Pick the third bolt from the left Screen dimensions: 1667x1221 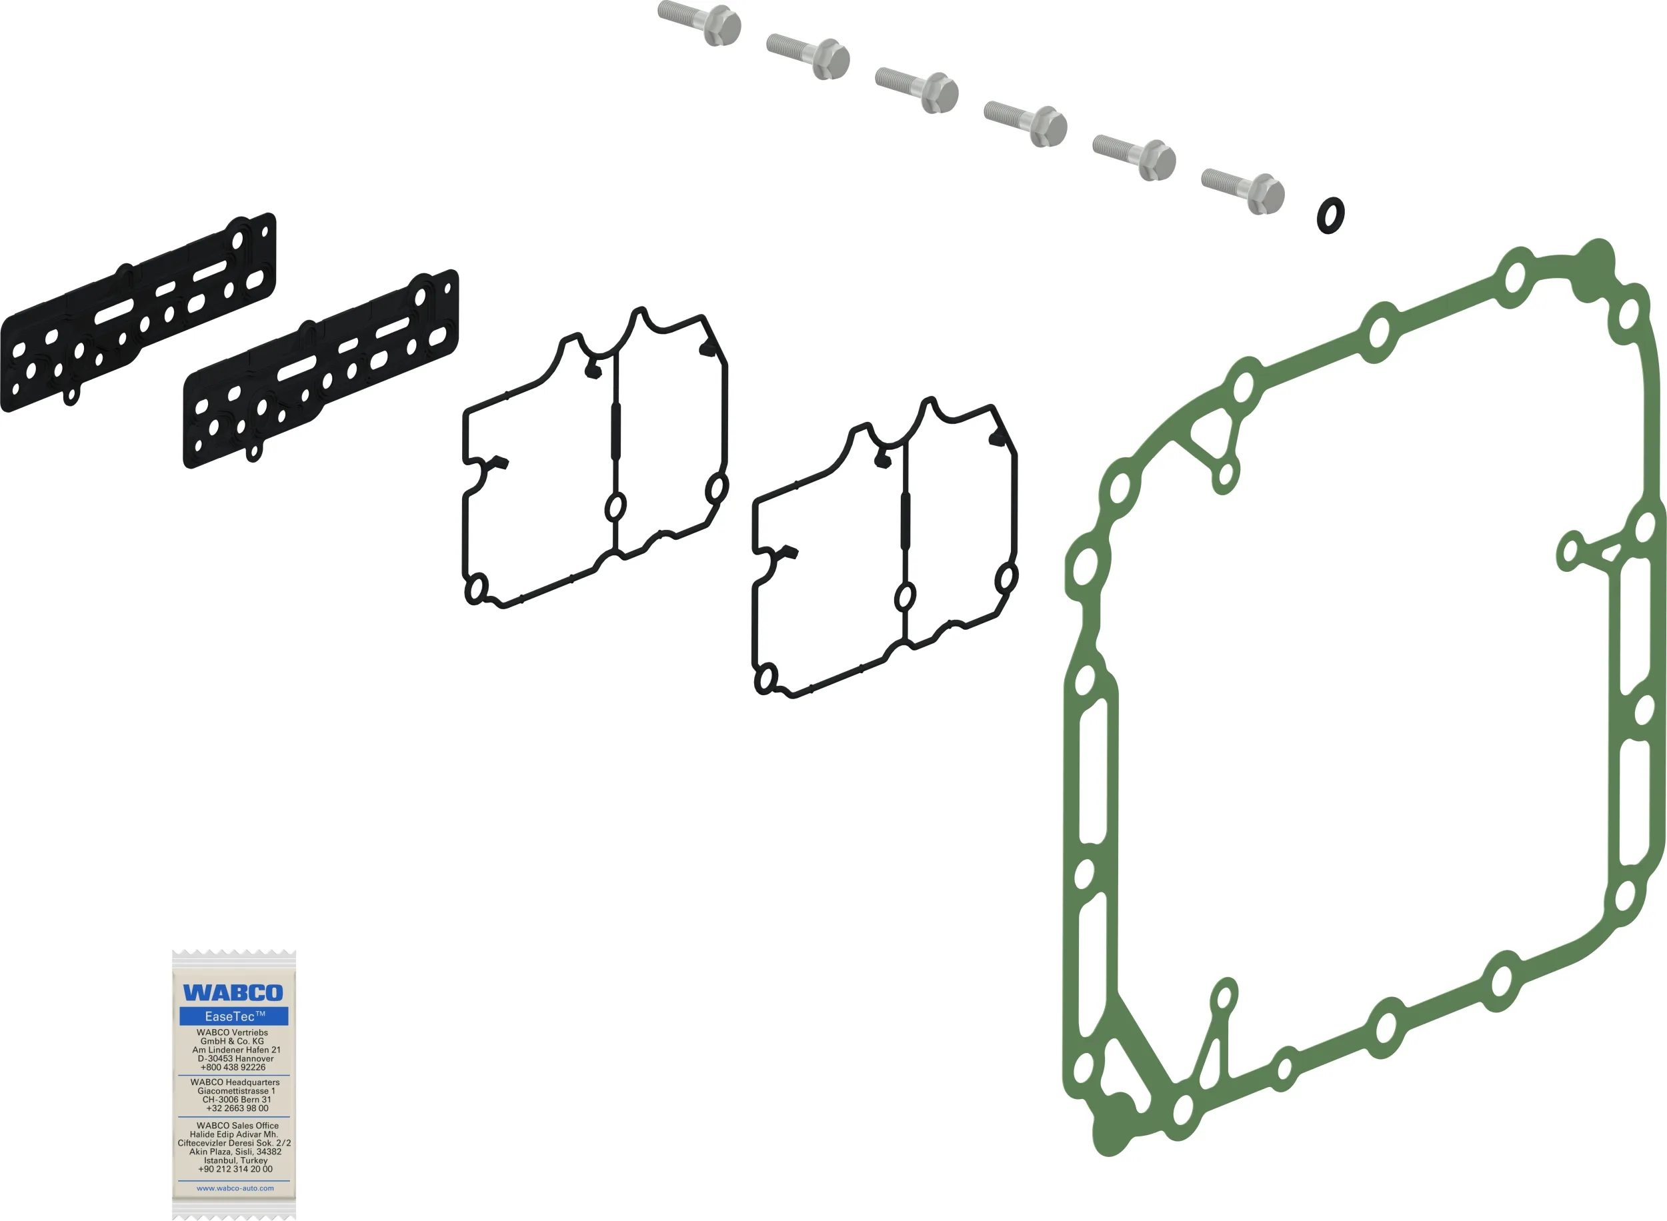pos(918,90)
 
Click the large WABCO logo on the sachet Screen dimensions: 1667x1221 pos(233,992)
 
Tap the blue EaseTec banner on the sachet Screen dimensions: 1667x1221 pos(233,1016)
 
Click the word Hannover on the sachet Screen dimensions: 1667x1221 pos(253,1058)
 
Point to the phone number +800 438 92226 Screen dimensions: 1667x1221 pos(233,1067)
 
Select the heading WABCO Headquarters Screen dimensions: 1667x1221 pos(235,1082)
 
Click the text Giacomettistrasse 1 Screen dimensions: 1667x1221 pos(236,1091)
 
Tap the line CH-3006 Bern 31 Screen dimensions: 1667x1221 pos(237,1100)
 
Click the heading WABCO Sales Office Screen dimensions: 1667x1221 pos(237,1126)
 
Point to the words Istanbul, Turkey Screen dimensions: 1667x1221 pos(236,1160)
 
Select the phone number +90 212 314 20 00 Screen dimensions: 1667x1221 pos(235,1169)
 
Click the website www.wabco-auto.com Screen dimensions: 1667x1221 pos(235,1188)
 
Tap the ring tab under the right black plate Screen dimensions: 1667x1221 pos(253,453)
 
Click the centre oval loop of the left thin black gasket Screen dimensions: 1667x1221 pos(615,507)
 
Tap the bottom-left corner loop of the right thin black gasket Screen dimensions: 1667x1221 pos(766,678)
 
